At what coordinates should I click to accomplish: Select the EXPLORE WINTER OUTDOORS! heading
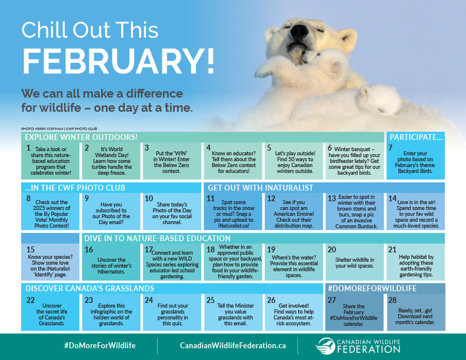(81, 137)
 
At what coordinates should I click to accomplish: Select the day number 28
(392, 299)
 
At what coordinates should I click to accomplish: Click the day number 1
(28, 148)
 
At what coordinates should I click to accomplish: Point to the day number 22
(31, 299)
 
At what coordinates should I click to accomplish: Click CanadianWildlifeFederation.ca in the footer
(225, 345)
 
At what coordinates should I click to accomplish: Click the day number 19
(272, 249)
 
